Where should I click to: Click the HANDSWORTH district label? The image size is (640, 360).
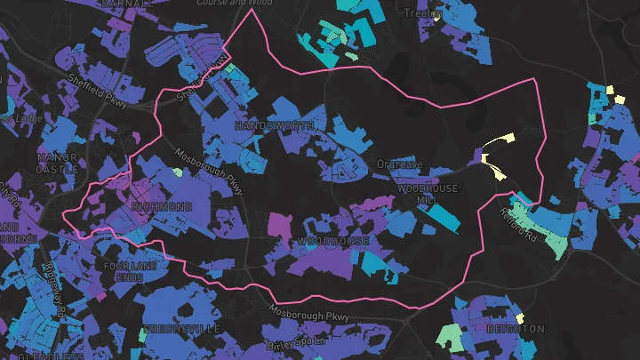pos(274,127)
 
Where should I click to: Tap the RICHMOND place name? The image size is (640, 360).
pos(161,206)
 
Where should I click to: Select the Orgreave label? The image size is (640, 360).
pos(397,164)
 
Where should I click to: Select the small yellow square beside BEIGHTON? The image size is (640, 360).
pos(520,317)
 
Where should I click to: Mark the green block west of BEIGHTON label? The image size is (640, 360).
pos(452,335)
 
